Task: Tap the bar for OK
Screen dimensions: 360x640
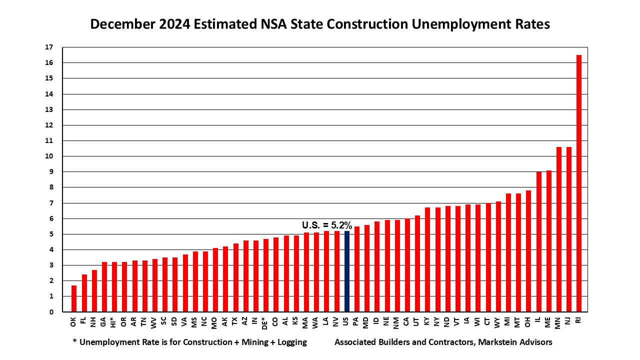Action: point(74,298)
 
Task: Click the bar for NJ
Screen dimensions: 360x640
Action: point(568,229)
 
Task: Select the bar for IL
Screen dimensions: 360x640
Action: point(538,242)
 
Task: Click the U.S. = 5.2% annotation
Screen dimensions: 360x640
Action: point(327,225)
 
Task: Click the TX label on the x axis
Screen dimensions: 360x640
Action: point(235,321)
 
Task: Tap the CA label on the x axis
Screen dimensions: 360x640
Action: point(407,321)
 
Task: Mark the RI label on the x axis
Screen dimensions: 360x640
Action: point(578,320)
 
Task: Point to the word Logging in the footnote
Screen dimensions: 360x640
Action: point(289,342)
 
